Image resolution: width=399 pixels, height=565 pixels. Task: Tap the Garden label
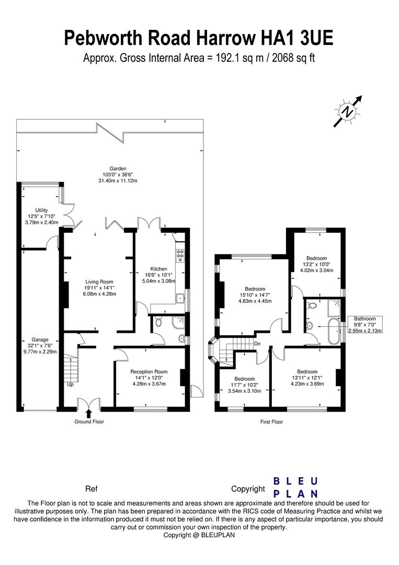tap(118, 174)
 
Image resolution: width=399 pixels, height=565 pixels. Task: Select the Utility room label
tap(41, 216)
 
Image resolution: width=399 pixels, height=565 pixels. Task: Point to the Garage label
tap(40, 346)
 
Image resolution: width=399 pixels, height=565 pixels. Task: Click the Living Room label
tap(99, 288)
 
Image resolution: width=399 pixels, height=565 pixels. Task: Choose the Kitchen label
tap(159, 275)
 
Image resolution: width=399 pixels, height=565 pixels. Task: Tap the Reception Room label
tap(149, 378)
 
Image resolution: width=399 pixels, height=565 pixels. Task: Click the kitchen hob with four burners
tap(180, 255)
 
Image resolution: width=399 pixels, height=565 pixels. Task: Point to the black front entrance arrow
tap(88, 413)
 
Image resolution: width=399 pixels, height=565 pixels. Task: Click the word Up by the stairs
tap(70, 385)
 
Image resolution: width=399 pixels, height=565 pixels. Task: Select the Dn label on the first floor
tap(257, 344)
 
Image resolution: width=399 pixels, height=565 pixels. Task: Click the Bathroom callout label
tap(365, 324)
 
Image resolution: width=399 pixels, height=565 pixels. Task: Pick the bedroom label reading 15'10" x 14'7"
tap(255, 295)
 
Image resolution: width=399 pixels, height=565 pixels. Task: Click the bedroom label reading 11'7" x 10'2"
tap(245, 385)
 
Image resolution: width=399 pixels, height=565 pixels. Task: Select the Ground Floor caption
tap(89, 422)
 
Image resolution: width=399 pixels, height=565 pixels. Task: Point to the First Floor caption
tap(271, 422)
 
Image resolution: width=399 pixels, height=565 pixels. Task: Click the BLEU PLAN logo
tap(295, 487)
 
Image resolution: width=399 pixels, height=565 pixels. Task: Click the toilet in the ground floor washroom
tap(158, 322)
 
